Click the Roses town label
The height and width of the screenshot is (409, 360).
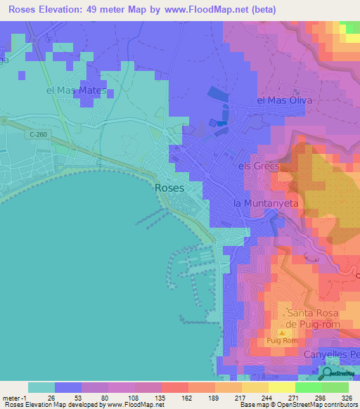point(169,188)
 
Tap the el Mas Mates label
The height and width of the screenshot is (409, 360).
point(76,91)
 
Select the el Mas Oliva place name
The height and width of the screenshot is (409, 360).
point(283,100)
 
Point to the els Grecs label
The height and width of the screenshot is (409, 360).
point(259,167)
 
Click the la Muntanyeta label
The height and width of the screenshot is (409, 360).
point(266,202)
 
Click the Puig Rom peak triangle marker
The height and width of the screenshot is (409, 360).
point(282,332)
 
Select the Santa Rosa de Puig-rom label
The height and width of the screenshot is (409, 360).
point(312,318)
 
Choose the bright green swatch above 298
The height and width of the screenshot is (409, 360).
point(309,387)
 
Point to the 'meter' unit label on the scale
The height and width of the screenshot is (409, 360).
point(11,397)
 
